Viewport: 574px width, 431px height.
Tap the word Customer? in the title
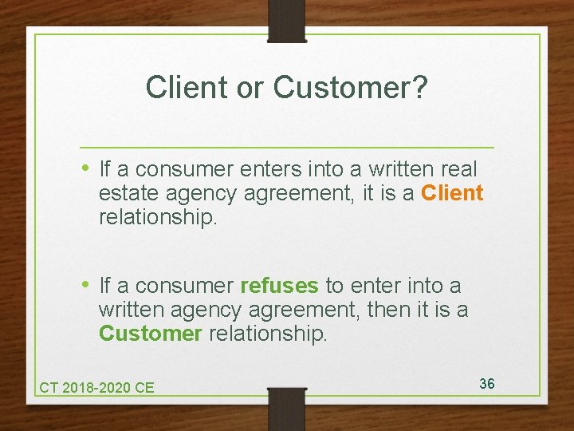point(351,88)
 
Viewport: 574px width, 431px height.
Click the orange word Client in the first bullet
point(452,193)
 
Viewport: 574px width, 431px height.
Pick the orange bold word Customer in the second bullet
point(150,333)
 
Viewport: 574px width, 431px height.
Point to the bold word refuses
point(279,286)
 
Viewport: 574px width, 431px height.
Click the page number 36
point(487,384)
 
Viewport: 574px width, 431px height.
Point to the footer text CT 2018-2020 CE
point(96,388)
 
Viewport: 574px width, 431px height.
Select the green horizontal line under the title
point(287,148)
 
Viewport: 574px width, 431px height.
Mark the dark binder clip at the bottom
point(287,407)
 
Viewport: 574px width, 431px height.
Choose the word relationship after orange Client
point(157,217)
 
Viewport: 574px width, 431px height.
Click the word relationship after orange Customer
point(267,333)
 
